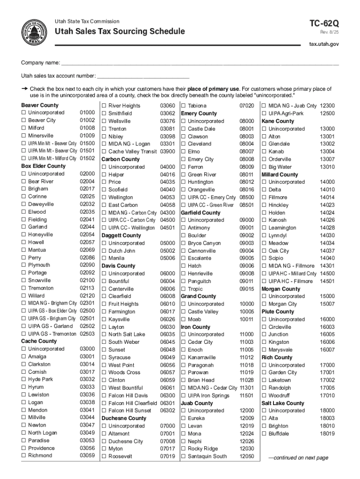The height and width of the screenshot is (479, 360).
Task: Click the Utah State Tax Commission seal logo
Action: click(x=33, y=32)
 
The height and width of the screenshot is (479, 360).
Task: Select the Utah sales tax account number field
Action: click(x=143, y=76)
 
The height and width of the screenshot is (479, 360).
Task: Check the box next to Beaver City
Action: click(x=23, y=120)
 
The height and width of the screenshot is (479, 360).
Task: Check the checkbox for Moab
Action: click(x=183, y=319)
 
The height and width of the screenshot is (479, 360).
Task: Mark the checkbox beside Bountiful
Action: click(x=104, y=281)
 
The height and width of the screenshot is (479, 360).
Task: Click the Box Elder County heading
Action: click(x=43, y=166)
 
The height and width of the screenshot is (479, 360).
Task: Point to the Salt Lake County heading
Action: click(x=282, y=403)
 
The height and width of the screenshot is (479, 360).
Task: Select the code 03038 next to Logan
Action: click(x=87, y=402)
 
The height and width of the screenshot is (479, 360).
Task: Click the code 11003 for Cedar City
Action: click(x=246, y=342)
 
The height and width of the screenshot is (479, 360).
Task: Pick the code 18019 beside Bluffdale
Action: click(x=327, y=434)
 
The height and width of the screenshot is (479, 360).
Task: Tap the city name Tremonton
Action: click(x=41, y=288)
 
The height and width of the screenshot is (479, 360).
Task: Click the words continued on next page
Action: click(x=297, y=458)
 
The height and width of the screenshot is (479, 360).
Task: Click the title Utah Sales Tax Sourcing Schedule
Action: click(x=120, y=32)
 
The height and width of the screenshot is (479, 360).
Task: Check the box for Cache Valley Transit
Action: click(x=104, y=152)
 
